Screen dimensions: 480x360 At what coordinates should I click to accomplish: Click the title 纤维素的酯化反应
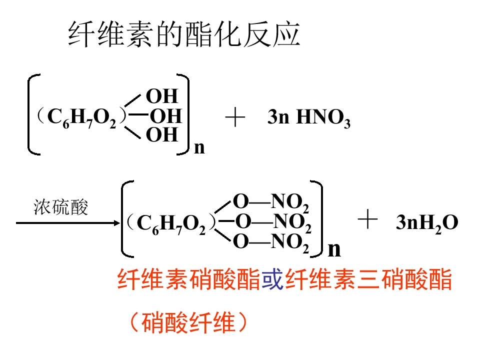click(184, 34)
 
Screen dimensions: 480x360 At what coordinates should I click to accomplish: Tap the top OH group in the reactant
click(162, 96)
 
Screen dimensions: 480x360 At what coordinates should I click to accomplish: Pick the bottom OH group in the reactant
click(162, 134)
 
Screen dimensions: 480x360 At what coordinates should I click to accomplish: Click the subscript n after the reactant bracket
click(199, 148)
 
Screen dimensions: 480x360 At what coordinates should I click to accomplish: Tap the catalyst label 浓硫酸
click(60, 207)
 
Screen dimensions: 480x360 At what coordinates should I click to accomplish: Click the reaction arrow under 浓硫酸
click(68, 223)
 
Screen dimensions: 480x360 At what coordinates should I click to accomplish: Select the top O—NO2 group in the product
click(271, 202)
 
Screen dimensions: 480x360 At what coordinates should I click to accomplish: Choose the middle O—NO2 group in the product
click(273, 222)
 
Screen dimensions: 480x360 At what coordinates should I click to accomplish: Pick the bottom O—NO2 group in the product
click(271, 242)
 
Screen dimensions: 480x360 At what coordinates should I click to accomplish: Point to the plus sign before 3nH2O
click(367, 219)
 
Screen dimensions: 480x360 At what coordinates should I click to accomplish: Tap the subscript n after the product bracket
click(334, 250)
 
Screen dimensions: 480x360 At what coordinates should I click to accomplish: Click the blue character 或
click(272, 279)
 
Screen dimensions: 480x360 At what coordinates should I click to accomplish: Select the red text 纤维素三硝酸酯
click(368, 279)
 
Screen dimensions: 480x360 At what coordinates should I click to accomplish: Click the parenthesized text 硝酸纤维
click(188, 322)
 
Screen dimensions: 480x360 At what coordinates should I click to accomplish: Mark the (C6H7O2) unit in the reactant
click(81, 117)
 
